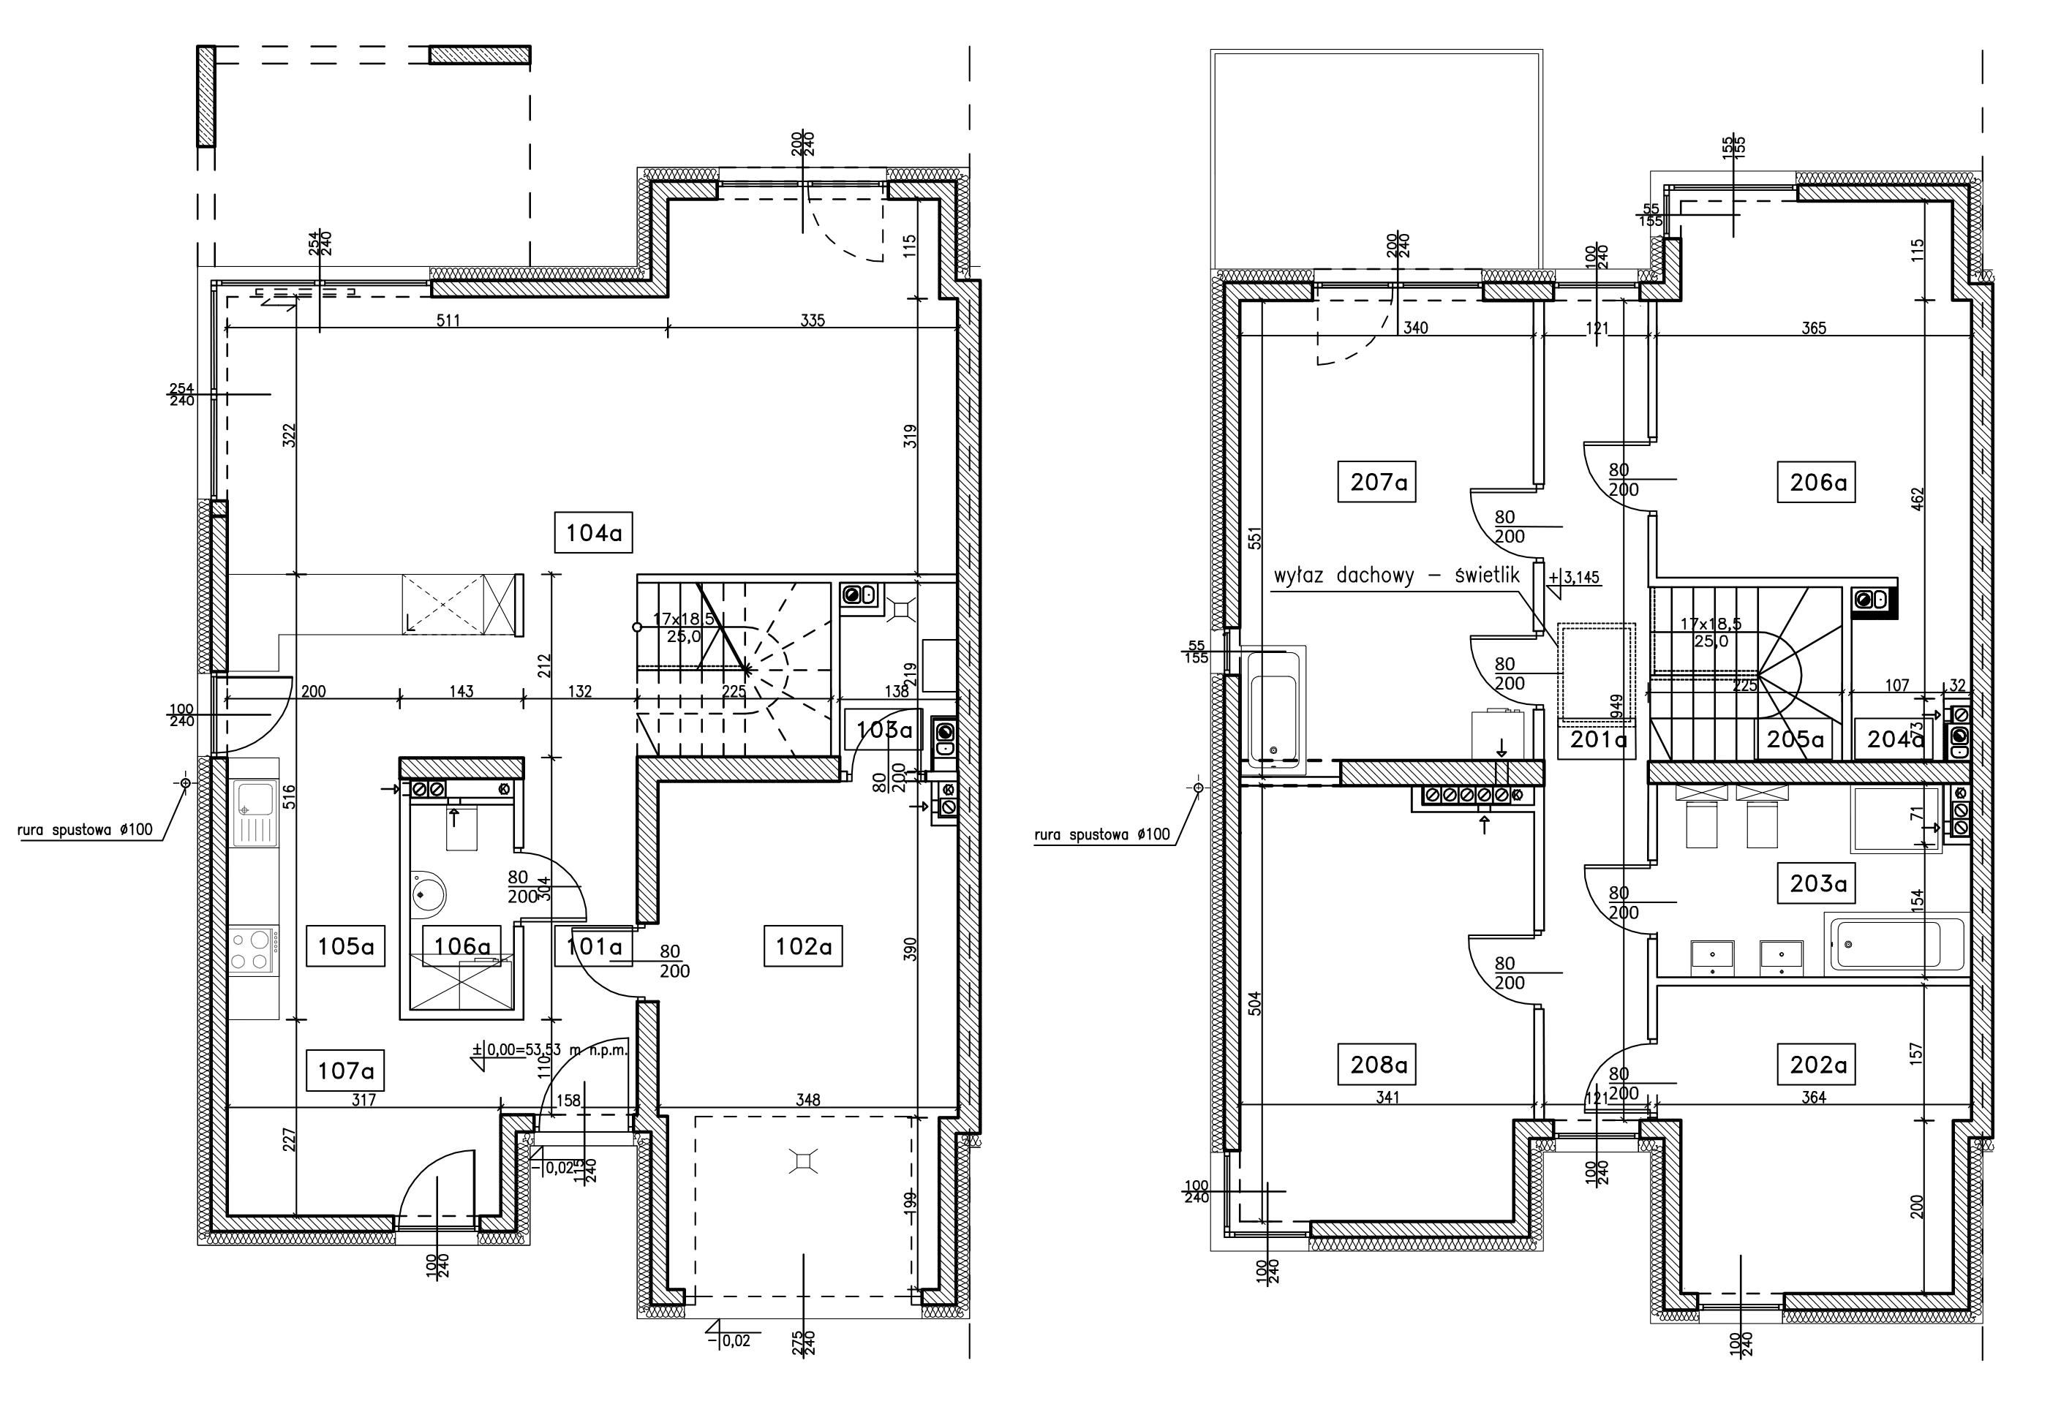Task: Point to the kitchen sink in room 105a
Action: click(255, 813)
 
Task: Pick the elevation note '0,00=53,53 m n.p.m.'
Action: click(552, 1050)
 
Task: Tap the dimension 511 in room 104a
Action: click(447, 321)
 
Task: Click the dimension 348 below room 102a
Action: click(809, 1101)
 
